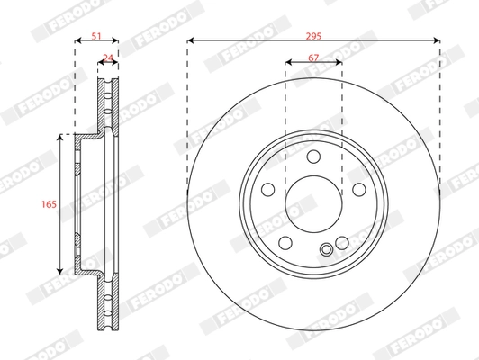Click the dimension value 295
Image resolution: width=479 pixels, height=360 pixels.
(313, 36)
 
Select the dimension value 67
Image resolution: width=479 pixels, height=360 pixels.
(313, 58)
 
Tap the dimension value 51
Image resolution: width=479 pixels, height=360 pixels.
(96, 36)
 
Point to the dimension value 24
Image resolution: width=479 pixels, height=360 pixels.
(108, 58)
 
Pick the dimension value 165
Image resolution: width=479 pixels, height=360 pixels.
(49, 204)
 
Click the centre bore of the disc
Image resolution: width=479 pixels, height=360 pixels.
(313, 204)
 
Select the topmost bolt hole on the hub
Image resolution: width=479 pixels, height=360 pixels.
(313, 157)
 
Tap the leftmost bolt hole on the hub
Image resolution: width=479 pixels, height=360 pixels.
(268, 189)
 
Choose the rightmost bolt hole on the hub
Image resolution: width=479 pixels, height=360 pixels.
(359, 189)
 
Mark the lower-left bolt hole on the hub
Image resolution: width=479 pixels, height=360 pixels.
(285, 243)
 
